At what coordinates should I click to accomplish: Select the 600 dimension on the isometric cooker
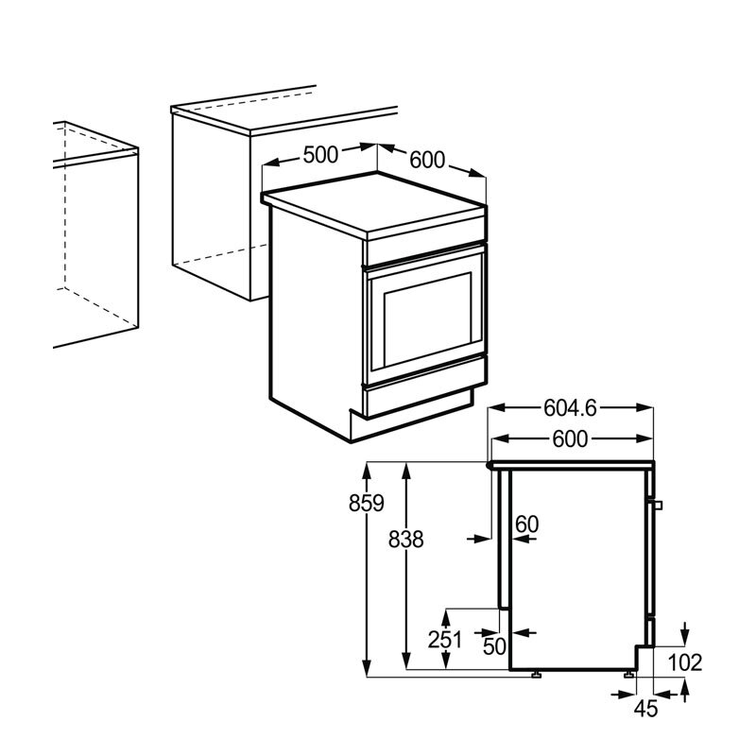[x=426, y=161]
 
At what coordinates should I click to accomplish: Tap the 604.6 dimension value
[x=570, y=408]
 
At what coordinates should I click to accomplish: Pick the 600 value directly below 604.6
[x=570, y=439]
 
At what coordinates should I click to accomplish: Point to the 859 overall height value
[x=366, y=504]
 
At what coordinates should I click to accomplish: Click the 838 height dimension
[x=405, y=540]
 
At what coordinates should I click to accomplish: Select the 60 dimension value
[x=526, y=524]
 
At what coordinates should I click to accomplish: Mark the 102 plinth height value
[x=684, y=662]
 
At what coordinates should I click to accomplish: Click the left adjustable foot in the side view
[x=536, y=675]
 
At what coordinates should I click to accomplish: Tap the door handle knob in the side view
[x=659, y=504]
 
